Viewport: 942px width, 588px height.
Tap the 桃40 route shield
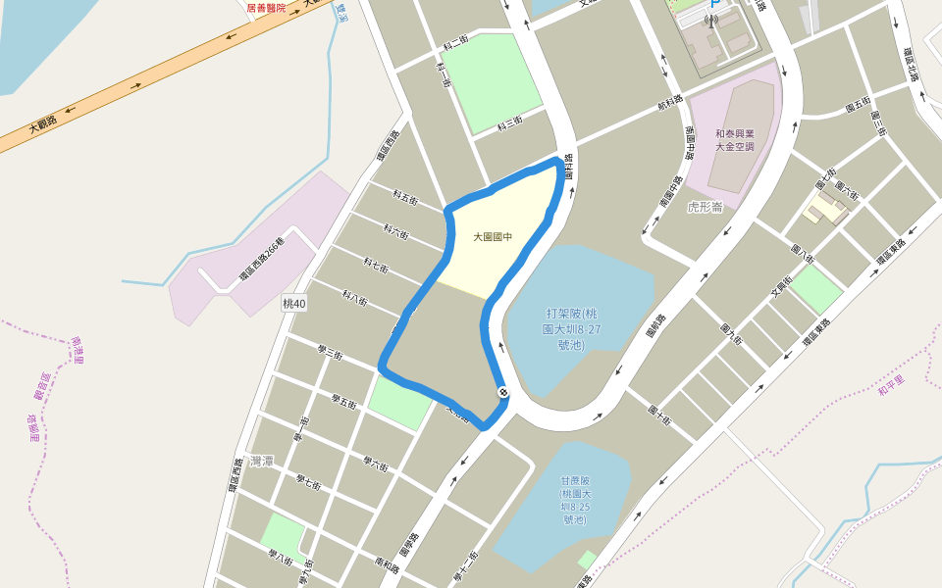click(x=294, y=305)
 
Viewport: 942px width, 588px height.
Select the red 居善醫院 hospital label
click(x=266, y=8)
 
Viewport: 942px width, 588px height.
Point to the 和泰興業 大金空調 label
click(x=734, y=140)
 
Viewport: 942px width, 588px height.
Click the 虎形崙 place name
click(x=705, y=207)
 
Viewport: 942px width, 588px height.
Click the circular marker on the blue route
click(x=503, y=393)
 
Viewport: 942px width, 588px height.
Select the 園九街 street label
click(x=732, y=334)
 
